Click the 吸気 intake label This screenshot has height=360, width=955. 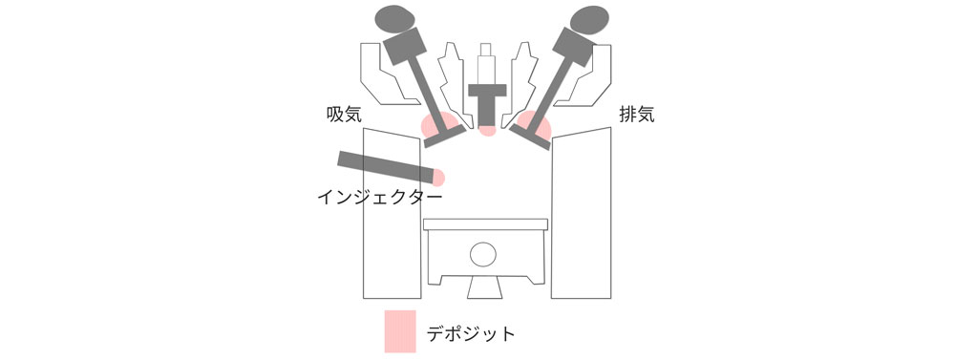click(345, 115)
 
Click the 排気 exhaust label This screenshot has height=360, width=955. click(636, 115)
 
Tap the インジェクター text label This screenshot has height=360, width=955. click(379, 198)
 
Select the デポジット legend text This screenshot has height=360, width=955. click(471, 334)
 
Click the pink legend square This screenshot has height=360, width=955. click(400, 331)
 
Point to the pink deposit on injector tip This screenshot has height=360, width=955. click(439, 178)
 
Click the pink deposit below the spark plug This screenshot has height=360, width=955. click(487, 130)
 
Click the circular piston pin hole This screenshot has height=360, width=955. click(483, 254)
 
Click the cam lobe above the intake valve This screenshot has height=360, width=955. click(394, 19)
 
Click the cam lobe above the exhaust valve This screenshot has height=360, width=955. click(589, 19)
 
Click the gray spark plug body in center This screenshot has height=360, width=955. click(487, 103)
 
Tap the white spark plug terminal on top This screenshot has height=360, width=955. click(486, 63)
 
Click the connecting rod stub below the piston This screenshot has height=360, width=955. click(485, 287)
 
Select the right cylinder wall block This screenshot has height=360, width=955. click(581, 213)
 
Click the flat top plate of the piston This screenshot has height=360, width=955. click(485, 224)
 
